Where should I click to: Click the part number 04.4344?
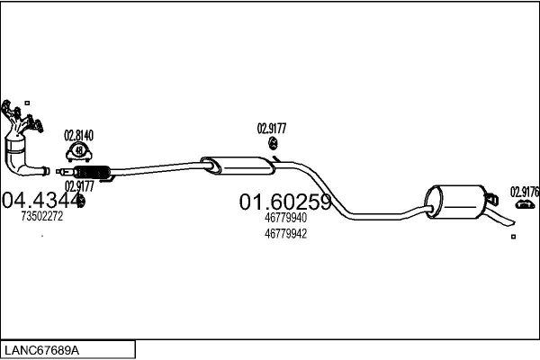[41, 200]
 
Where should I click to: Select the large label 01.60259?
[285, 202]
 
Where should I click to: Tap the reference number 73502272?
[42, 216]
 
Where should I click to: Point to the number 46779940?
[285, 218]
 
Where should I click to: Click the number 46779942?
[285, 234]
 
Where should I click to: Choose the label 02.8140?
[78, 136]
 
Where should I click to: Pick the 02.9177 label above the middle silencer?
[272, 129]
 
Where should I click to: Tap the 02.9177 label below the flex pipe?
[79, 186]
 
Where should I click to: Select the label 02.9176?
[525, 192]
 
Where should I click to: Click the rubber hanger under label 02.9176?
[526, 204]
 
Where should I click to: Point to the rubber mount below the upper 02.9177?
[273, 143]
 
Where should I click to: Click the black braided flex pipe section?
[92, 172]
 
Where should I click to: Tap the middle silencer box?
[238, 166]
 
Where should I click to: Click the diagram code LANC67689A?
[42, 350]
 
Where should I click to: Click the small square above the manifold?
[27, 103]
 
